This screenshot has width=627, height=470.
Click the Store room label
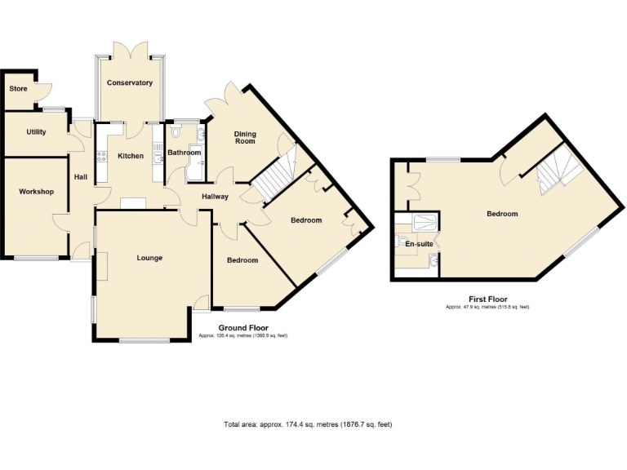[18, 88]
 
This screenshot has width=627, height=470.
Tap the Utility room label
[36, 132]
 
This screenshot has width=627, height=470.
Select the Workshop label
[37, 192]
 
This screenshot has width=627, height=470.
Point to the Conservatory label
[130, 83]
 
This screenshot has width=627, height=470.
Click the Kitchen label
[131, 156]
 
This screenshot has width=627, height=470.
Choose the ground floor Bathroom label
[185, 153]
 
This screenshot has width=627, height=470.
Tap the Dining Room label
[245, 137]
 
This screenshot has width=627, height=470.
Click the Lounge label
[149, 258]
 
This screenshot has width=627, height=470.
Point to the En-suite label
[419, 243]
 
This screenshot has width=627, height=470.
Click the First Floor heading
[487, 299]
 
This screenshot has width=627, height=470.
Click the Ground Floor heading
[242, 328]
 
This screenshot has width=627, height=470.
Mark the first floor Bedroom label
[502, 214]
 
